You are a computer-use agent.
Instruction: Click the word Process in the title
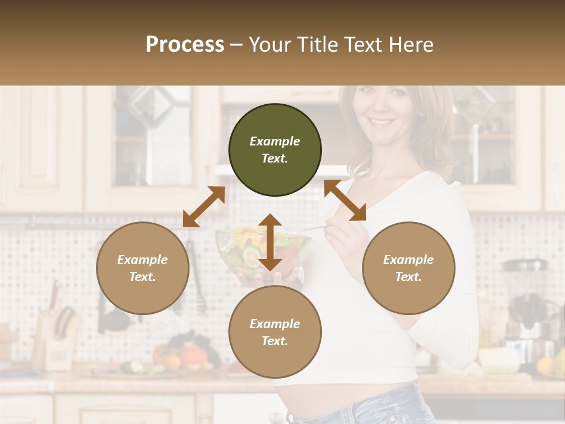(185, 44)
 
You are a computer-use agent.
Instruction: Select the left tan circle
(142, 268)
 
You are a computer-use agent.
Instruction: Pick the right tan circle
(408, 268)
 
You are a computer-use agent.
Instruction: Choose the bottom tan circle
(275, 332)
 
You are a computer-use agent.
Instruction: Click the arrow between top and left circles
(204, 207)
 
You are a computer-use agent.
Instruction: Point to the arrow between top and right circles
(345, 200)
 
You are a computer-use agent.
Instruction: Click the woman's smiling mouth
(382, 122)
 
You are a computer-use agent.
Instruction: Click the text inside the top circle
(275, 150)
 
